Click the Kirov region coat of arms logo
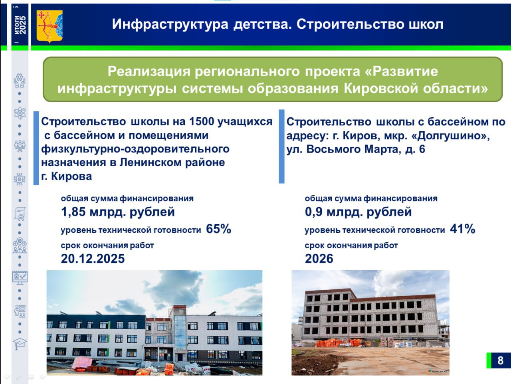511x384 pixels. point(50,26)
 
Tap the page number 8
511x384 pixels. point(500,360)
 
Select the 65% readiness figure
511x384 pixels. point(219,229)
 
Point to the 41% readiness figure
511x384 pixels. point(463,229)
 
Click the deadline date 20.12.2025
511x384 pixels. point(93,259)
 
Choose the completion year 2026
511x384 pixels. point(319,259)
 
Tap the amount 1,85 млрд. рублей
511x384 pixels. point(118,212)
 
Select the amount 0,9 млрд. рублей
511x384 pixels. point(358,212)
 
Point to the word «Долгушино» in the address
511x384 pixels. point(451,136)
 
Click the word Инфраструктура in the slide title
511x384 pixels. point(170,24)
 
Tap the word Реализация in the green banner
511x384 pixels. point(149,71)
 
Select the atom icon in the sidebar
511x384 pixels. point(20,113)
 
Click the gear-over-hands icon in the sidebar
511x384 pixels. point(20,81)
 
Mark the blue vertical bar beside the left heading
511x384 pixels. point(36,148)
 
